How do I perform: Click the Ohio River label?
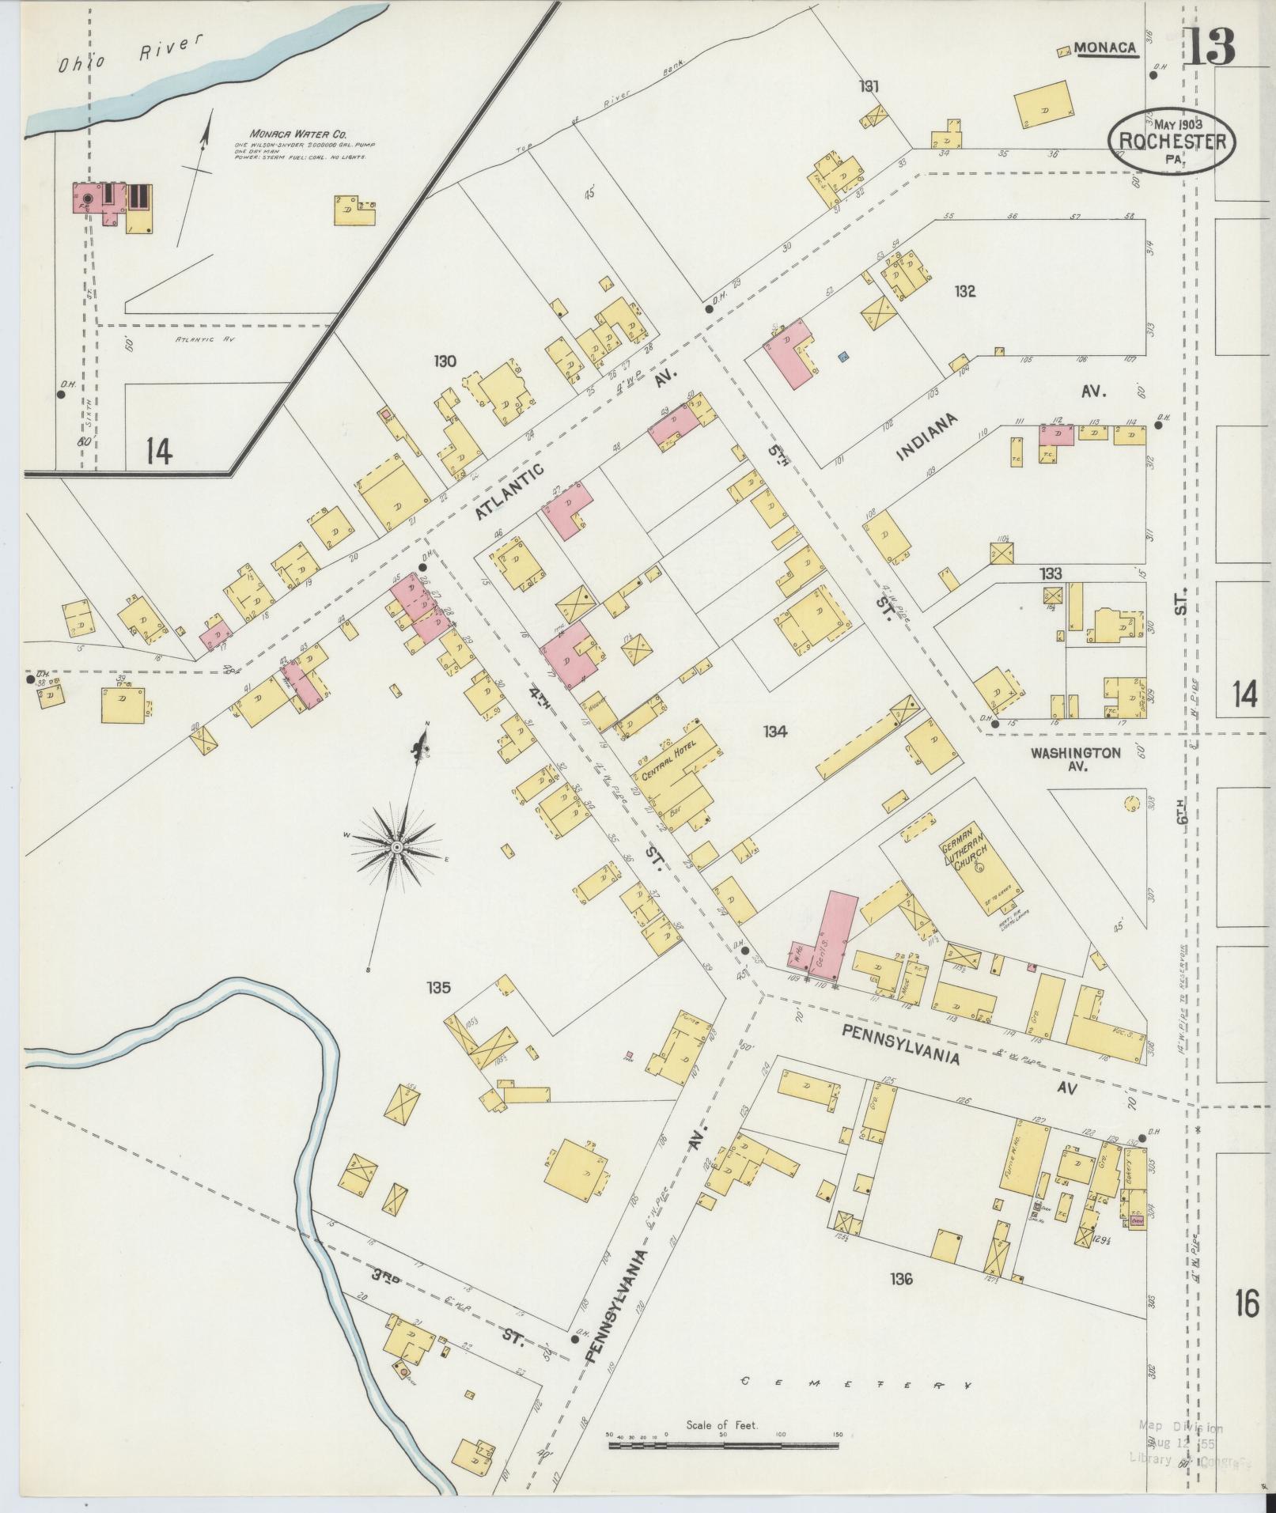click(x=127, y=59)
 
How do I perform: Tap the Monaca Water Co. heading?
click(x=299, y=134)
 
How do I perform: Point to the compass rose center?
click(x=396, y=847)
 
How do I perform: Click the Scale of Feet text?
click(x=722, y=1424)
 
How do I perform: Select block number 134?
click(x=775, y=732)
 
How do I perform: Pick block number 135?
click(x=438, y=987)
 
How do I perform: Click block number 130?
click(x=445, y=361)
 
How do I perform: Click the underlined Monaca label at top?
click(x=1105, y=49)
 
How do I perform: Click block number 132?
click(x=964, y=292)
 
